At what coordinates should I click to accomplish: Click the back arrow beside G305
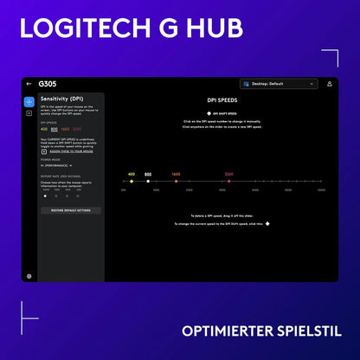[29, 84]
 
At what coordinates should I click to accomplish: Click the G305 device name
[48, 84]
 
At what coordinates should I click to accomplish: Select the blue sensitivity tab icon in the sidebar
[29, 101]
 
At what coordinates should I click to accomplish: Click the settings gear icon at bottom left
[29, 276]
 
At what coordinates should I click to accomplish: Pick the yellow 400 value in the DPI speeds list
[44, 129]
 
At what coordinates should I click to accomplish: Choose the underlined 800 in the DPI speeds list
[55, 129]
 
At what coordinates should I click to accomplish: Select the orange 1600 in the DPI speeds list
[66, 129]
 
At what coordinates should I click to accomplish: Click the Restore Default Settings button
[71, 210]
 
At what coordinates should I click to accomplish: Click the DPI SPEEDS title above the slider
[223, 100]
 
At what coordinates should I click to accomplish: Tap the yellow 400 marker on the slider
[132, 181]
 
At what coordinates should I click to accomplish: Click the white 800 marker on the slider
[148, 181]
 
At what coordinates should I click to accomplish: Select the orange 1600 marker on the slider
[176, 181]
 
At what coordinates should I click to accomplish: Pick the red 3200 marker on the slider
[229, 181]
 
